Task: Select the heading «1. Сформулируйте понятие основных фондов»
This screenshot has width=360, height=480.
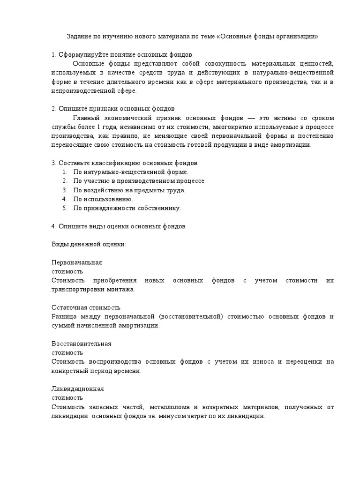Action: pos(121,55)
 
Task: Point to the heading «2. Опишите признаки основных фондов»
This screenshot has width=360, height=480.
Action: pos(112,109)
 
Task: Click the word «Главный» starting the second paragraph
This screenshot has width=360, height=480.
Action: pos(86,118)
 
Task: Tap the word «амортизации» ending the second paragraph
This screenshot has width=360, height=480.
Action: pos(292,145)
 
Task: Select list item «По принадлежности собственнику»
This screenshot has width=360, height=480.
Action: pos(127,208)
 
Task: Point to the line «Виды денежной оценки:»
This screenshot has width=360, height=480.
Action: pos(88,244)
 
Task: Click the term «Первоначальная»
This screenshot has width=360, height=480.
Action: pos(76,262)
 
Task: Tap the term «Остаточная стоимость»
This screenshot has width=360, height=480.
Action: pos(86,307)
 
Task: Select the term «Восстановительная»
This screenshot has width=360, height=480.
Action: pos(81,344)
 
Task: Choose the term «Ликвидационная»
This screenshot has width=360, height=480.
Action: pos(77,389)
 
